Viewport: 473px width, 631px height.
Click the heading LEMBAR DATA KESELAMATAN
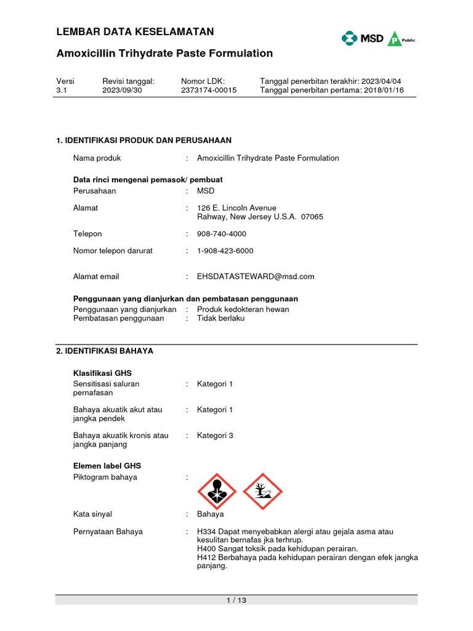(x=135, y=32)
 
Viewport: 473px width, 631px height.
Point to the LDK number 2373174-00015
(x=209, y=90)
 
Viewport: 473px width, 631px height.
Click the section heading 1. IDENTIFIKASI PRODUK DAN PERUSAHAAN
(x=144, y=140)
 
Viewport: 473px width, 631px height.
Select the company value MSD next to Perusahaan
(x=206, y=191)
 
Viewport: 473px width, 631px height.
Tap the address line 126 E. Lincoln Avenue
(x=236, y=208)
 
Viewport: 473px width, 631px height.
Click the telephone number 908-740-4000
(x=221, y=234)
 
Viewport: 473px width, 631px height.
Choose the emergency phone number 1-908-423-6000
(x=225, y=251)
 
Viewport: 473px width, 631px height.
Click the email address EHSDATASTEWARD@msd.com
(x=256, y=277)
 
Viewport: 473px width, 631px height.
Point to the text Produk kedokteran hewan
(x=243, y=309)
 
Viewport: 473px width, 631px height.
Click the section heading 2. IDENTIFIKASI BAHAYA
(x=105, y=351)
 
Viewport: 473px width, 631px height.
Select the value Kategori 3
(x=215, y=436)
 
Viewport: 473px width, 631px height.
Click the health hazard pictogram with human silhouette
(x=216, y=492)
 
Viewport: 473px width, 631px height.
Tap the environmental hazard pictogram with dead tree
(x=262, y=492)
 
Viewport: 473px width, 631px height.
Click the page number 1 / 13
(x=236, y=601)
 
